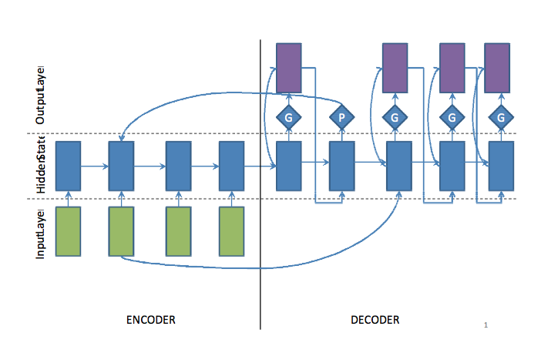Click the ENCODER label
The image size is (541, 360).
pos(151,319)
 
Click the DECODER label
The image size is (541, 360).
pos(375,319)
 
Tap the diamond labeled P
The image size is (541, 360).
pos(341,117)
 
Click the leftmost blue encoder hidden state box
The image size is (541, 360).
pos(69,165)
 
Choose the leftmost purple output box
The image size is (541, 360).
pos(289,67)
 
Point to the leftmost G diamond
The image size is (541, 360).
pos(289,117)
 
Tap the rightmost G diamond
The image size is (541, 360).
pos(501,117)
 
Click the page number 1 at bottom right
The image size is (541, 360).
pos(486,325)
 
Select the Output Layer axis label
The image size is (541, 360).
pos(41,94)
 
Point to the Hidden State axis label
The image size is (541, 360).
pos(41,166)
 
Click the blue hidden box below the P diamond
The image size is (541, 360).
pos(341,165)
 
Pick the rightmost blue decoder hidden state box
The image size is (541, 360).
pos(502,165)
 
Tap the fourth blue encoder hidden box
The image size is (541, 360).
pos(231,165)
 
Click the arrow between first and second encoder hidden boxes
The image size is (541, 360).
pos(95,165)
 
